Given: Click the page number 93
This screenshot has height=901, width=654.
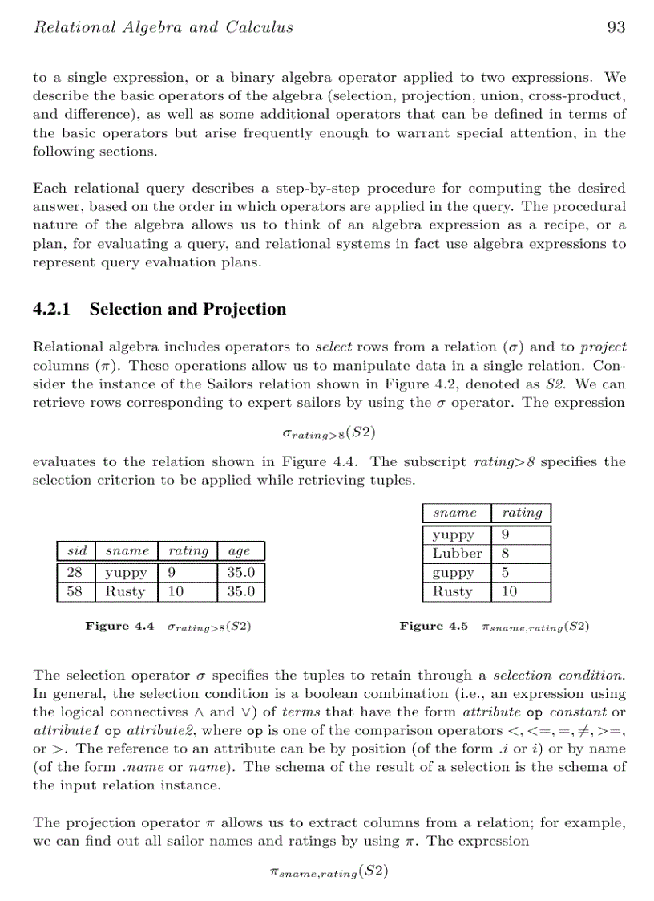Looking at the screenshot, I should point(616,27).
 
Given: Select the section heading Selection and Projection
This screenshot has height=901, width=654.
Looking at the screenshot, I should point(188,310).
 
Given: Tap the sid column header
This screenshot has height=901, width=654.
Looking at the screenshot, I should point(77,551).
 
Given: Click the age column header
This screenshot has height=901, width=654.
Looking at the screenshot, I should point(240,551).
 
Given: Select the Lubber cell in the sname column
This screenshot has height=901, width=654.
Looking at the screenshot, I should point(457,554).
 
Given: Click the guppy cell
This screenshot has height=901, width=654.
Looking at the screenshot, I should point(454,574).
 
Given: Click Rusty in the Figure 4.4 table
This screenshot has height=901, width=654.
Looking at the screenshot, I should point(126,592).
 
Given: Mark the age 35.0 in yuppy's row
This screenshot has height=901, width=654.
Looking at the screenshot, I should point(240,573).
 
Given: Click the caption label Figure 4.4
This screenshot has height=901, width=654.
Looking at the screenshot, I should point(119,627).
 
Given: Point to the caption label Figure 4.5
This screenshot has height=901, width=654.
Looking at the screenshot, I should point(434,627).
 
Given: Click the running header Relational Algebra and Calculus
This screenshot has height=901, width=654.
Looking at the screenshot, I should point(163,27).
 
